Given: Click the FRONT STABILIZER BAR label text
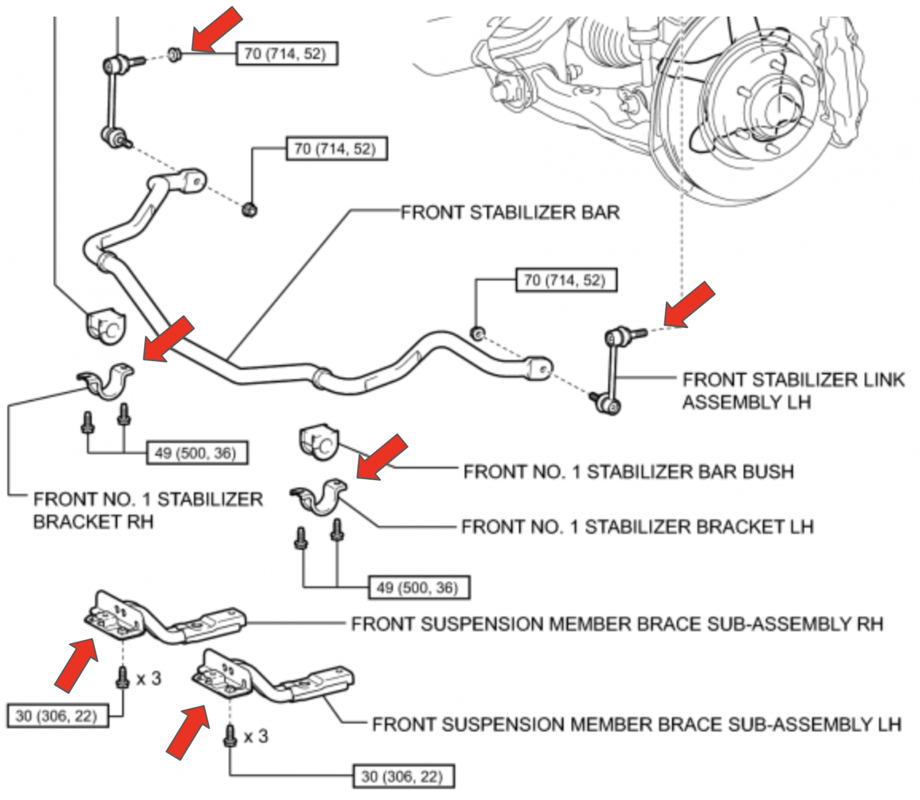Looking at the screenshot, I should pyautogui.click(x=510, y=213).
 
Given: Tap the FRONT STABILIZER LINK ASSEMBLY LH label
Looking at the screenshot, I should pyautogui.click(x=792, y=390).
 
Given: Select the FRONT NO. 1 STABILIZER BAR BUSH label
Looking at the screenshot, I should pyautogui.click(x=628, y=472).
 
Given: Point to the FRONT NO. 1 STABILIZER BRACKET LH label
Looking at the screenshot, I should pyautogui.click(x=637, y=527).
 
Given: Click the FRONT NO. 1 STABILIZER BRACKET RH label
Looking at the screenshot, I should pyautogui.click(x=147, y=510).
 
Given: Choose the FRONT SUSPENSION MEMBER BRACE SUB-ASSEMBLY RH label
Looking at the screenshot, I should pyautogui.click(x=617, y=624).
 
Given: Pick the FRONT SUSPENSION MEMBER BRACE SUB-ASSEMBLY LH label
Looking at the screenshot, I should pyautogui.click(x=636, y=725).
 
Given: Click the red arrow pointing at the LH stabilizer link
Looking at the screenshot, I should pyautogui.click(x=689, y=305).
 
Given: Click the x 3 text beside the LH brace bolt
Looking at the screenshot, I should pyautogui.click(x=256, y=737).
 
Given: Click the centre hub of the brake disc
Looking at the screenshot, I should pyautogui.click(x=779, y=102).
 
